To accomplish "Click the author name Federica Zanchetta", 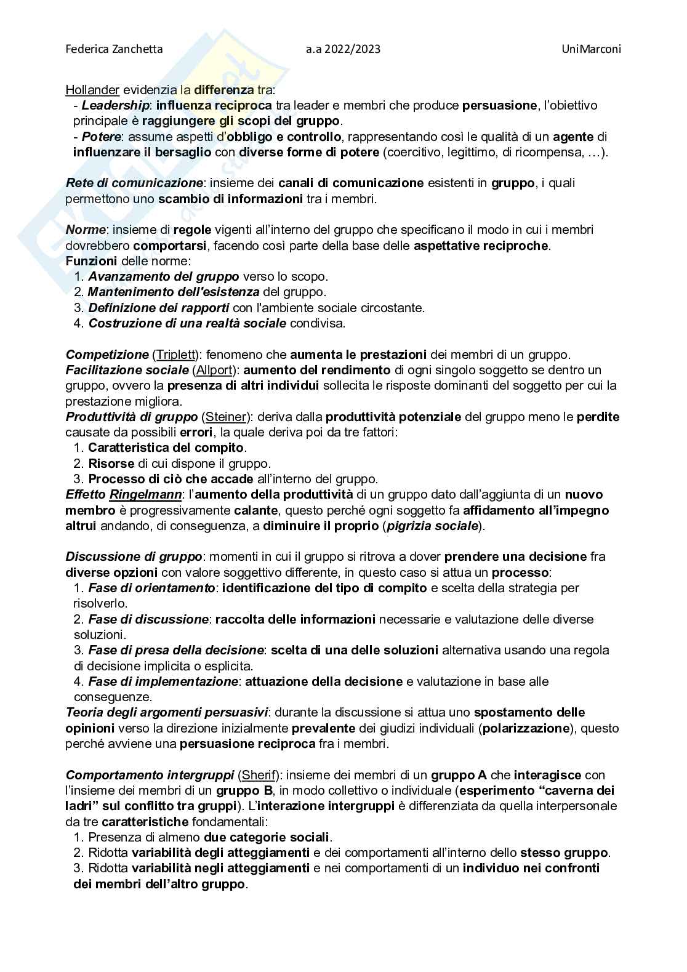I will pos(114,49).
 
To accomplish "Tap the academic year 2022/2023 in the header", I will pos(342,49).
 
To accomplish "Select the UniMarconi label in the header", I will pos(591,49).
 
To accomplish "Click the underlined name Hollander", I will pos(92,90).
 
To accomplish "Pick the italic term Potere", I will pos(102,136).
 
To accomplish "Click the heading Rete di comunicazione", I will pos(134,183).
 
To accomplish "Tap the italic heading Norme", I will pos(86,230).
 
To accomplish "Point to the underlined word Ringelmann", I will pos(145,494).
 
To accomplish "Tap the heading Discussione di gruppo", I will pos(134,556).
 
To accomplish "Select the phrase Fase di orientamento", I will pos(151,588).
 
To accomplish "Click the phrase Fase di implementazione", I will pos(163,681).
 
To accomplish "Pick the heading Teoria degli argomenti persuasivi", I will pos(167,712).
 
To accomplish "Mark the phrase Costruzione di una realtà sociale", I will pos(187,323).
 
